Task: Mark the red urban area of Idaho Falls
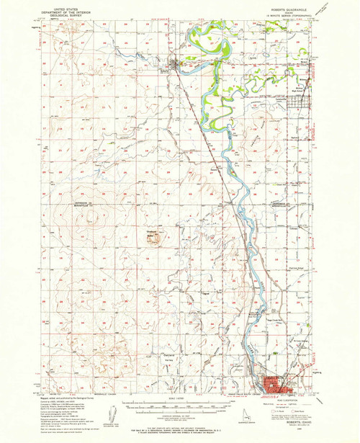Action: pyautogui.click(x=277, y=385)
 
